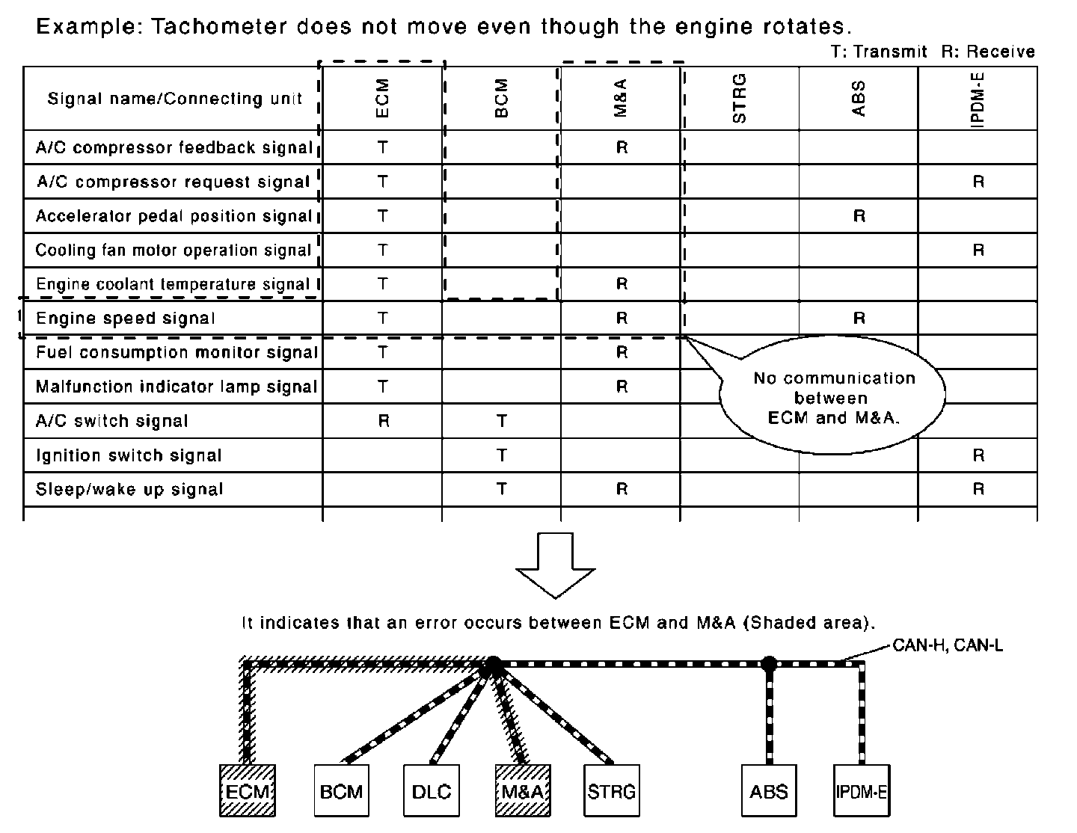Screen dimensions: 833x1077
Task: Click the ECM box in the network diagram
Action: tap(248, 790)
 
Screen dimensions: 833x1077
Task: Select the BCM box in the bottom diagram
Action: tap(341, 790)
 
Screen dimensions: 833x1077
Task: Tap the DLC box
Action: tap(432, 790)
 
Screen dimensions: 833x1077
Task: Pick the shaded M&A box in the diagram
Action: tap(523, 790)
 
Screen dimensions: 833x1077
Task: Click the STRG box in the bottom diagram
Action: tap(612, 790)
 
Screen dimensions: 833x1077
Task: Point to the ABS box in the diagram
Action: tap(769, 790)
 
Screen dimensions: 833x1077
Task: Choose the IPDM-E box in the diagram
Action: tap(862, 790)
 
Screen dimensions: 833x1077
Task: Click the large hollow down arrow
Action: tap(555, 565)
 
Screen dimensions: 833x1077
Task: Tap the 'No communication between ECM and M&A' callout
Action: tap(833, 398)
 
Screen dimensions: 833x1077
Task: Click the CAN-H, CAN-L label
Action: tap(947, 645)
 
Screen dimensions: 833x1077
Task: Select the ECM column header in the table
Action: tap(382, 98)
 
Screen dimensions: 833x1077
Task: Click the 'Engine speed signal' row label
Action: tap(126, 319)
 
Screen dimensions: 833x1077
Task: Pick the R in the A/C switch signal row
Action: tap(383, 421)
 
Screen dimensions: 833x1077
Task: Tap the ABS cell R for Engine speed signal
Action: tap(859, 319)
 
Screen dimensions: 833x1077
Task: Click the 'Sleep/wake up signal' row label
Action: tap(129, 490)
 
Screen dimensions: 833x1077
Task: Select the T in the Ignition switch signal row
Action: tap(502, 455)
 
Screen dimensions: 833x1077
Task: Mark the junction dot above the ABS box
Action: tap(769, 663)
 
